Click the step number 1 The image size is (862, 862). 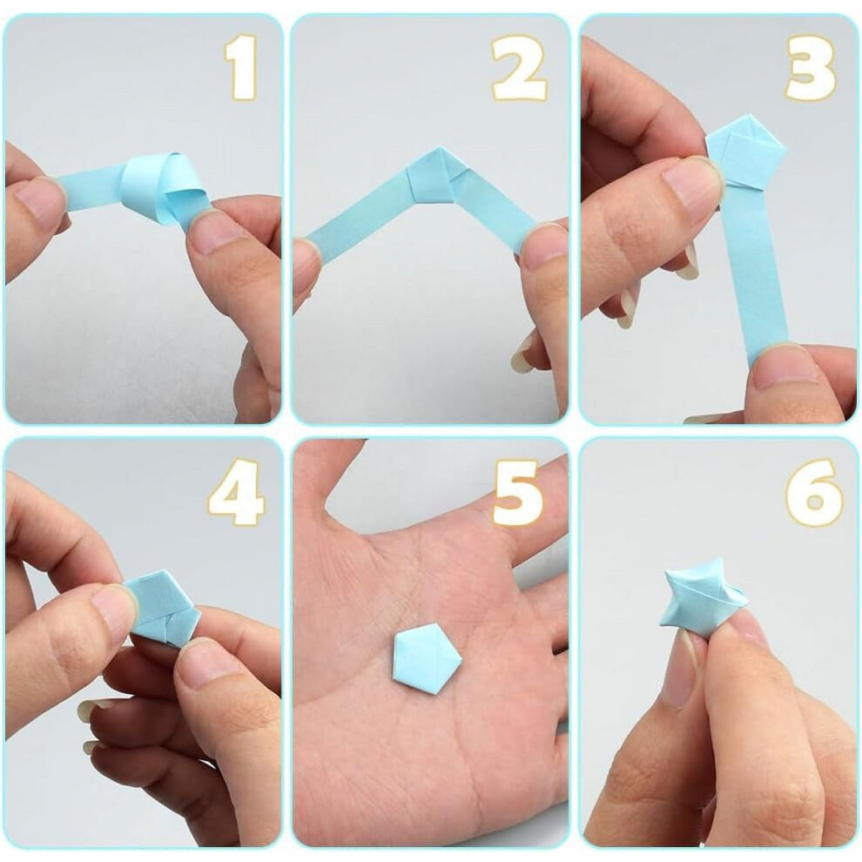[242, 66]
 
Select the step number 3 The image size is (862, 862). [811, 67]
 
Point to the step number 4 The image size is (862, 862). [236, 493]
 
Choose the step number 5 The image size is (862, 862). [518, 493]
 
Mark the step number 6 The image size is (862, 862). [813, 493]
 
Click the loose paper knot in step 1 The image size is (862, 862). [163, 185]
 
